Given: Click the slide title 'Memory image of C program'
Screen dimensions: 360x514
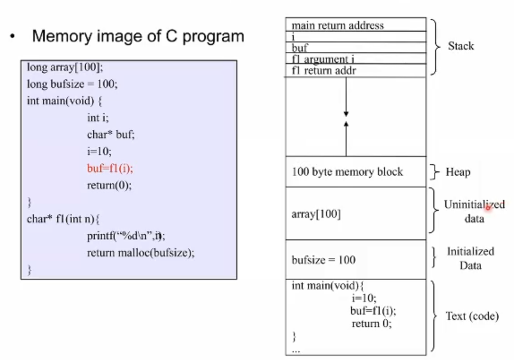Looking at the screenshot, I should pyautogui.click(x=138, y=36).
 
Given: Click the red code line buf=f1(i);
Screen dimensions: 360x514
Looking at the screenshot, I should pyautogui.click(x=109, y=168).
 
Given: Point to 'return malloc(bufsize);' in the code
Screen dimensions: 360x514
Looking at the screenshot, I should pyautogui.click(x=141, y=253).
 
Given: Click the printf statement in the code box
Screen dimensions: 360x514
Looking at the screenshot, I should pyautogui.click(x=126, y=235).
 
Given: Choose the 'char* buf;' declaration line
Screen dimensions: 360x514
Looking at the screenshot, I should pyautogui.click(x=110, y=134).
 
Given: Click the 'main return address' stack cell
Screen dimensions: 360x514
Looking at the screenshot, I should pyautogui.click(x=338, y=25).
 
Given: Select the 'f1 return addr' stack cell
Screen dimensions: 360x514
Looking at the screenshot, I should pyautogui.click(x=325, y=70).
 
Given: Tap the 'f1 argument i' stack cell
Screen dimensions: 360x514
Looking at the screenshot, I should pyautogui.click(x=328, y=59).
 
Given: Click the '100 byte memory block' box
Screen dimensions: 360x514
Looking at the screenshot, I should pyautogui.click(x=347, y=172).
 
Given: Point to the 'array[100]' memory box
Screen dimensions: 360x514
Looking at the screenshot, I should pyautogui.click(x=316, y=214).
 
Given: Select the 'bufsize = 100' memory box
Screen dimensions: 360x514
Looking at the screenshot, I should pyautogui.click(x=324, y=260).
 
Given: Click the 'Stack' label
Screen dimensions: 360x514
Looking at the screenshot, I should pyautogui.click(x=461, y=45).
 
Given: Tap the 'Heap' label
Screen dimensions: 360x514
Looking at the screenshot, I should pyautogui.click(x=458, y=173).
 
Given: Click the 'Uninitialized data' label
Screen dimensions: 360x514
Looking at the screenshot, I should pyautogui.click(x=474, y=211).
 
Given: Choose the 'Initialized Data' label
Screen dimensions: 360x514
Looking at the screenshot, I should pyautogui.click(x=470, y=258).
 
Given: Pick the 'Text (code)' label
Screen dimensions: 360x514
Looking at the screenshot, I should pyautogui.click(x=472, y=316).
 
